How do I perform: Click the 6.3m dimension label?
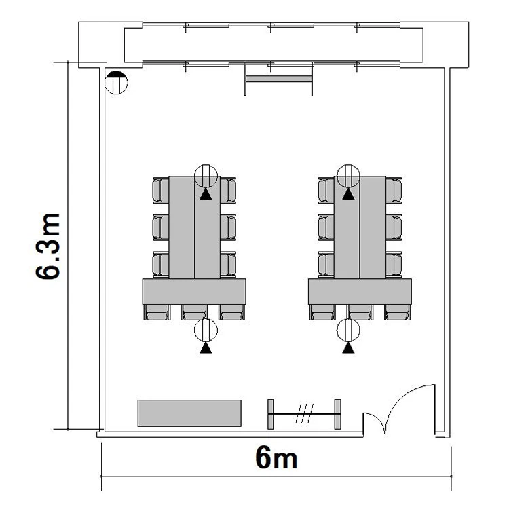48,246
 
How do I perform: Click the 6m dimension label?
276,457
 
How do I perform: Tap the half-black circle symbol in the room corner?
116,82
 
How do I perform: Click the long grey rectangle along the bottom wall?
189,413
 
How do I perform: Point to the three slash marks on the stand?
305,413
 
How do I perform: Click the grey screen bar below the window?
279,79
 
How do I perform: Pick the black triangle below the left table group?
206,348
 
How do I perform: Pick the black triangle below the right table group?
348,348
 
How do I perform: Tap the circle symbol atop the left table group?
206,176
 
